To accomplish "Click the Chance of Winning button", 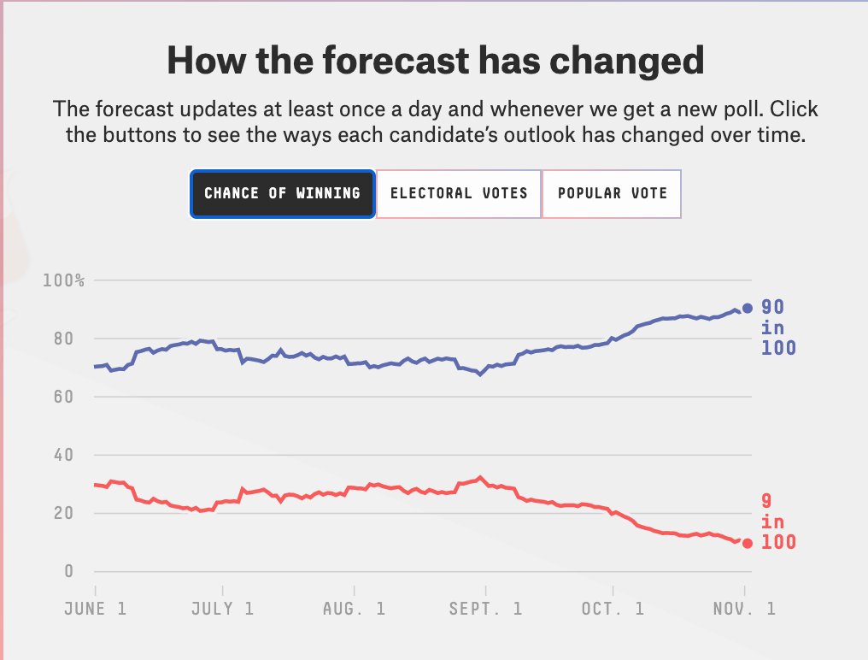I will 282,193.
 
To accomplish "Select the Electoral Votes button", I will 459,193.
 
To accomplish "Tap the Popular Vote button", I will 612,193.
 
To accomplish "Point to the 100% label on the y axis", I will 63,281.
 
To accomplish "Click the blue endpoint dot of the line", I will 748,309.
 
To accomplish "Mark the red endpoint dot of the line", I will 748,543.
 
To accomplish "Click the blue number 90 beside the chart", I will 773,308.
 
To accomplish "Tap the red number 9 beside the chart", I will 767,502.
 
